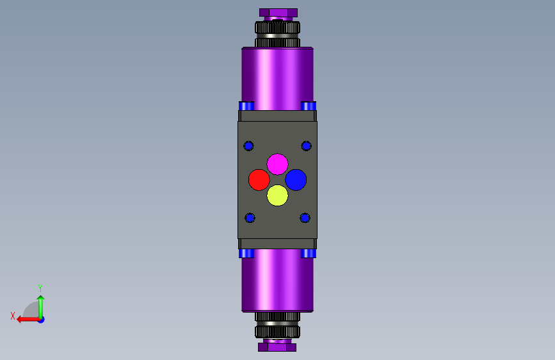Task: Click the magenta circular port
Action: tap(278, 164)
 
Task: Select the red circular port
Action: tap(259, 180)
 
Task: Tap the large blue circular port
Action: tap(296, 180)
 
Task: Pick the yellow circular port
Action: tap(278, 195)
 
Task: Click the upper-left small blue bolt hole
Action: tap(248, 146)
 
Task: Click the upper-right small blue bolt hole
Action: tap(307, 146)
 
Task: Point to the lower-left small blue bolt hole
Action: tap(250, 218)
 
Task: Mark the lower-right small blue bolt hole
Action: tap(305, 218)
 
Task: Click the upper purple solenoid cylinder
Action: tap(278, 79)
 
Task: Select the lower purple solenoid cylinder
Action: tap(278, 281)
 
